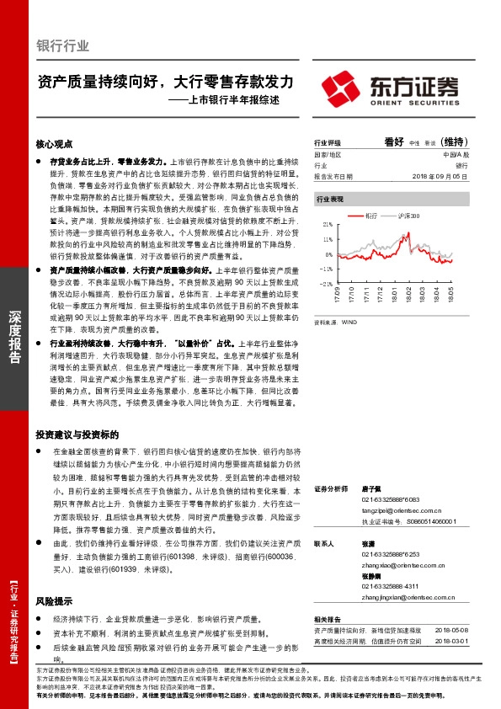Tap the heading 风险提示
52,579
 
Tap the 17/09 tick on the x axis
336,296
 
